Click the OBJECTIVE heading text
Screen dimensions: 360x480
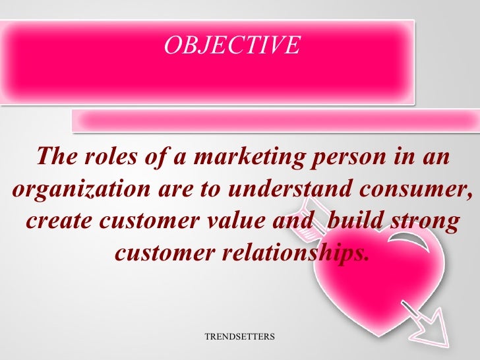click(231, 45)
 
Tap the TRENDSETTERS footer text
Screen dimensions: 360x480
click(239, 336)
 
